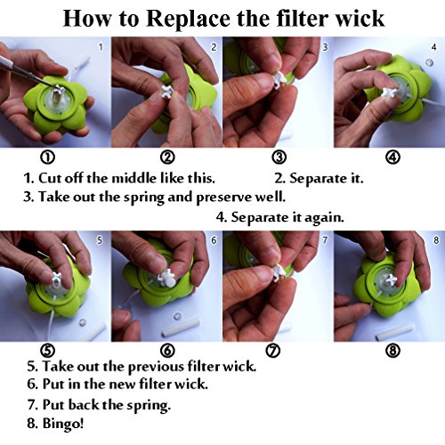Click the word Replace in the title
click(189, 20)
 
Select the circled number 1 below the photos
click(47, 158)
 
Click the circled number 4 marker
click(392, 158)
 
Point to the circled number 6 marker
click(167, 351)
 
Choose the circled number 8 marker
click(392, 351)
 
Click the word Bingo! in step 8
click(63, 424)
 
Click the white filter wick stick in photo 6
click(180, 328)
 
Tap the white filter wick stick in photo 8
click(394, 332)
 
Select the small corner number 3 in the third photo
click(325, 47)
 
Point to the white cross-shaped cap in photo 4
click(389, 93)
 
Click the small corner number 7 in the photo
click(325, 240)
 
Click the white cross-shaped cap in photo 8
click(390, 280)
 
